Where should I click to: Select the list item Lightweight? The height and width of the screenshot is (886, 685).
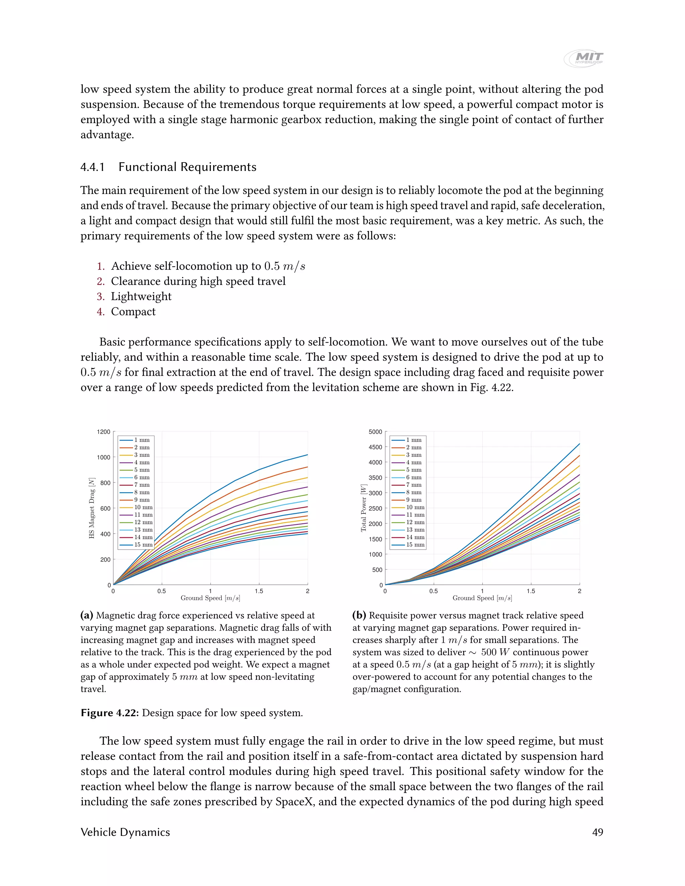141,297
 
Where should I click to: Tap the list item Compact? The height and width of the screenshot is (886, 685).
133,312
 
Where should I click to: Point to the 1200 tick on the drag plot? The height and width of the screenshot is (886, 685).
103,432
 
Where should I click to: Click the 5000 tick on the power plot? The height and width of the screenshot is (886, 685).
375,432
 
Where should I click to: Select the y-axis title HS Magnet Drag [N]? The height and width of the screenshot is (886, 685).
92,508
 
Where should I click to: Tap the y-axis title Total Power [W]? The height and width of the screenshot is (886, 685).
364,508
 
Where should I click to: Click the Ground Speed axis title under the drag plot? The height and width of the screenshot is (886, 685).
210,598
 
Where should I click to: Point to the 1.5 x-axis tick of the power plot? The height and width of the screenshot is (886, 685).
531,591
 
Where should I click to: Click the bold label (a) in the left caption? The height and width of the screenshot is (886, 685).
87,616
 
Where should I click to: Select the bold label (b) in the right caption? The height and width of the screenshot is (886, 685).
359,616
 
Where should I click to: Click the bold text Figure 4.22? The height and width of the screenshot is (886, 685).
110,713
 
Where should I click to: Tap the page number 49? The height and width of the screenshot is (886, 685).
597,832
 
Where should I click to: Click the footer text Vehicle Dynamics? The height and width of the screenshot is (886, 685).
125,832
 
